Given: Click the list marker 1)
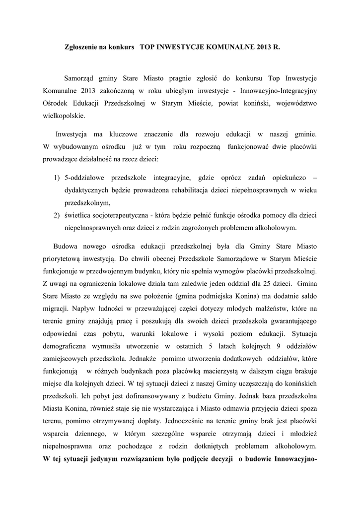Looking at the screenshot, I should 57,177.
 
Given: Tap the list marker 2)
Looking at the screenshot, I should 57,216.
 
